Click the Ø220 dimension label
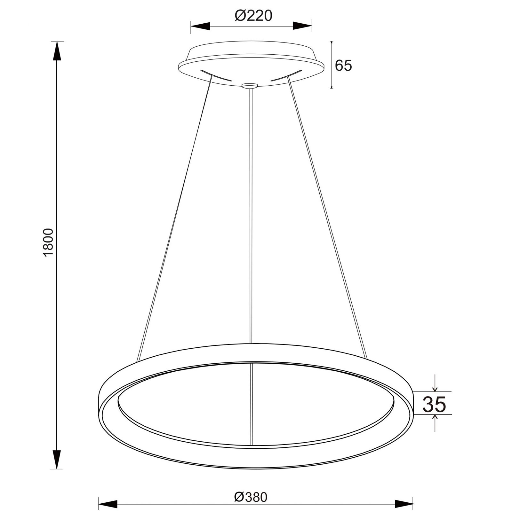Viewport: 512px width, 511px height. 253,16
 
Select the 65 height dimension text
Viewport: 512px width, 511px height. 343,66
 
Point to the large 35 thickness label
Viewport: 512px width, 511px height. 434,405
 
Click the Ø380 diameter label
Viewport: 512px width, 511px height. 251,488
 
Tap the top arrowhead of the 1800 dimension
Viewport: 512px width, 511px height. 57,51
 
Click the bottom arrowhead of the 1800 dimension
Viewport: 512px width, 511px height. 57,459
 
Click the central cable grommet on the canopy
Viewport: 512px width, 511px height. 250,85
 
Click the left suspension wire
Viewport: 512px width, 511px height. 174,217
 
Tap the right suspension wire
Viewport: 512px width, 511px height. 326,217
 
